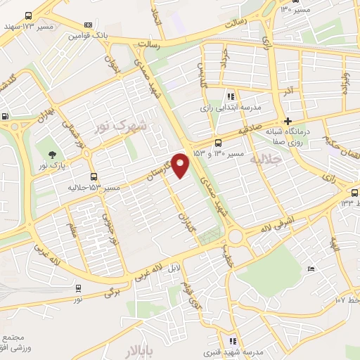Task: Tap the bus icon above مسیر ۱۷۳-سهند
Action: click(28, 15)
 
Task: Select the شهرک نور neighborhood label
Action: click(120, 127)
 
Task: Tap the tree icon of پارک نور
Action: click(51, 154)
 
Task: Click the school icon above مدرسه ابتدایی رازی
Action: click(230, 96)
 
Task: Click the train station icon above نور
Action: click(78, 288)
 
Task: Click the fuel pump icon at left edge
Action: click(6, 117)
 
